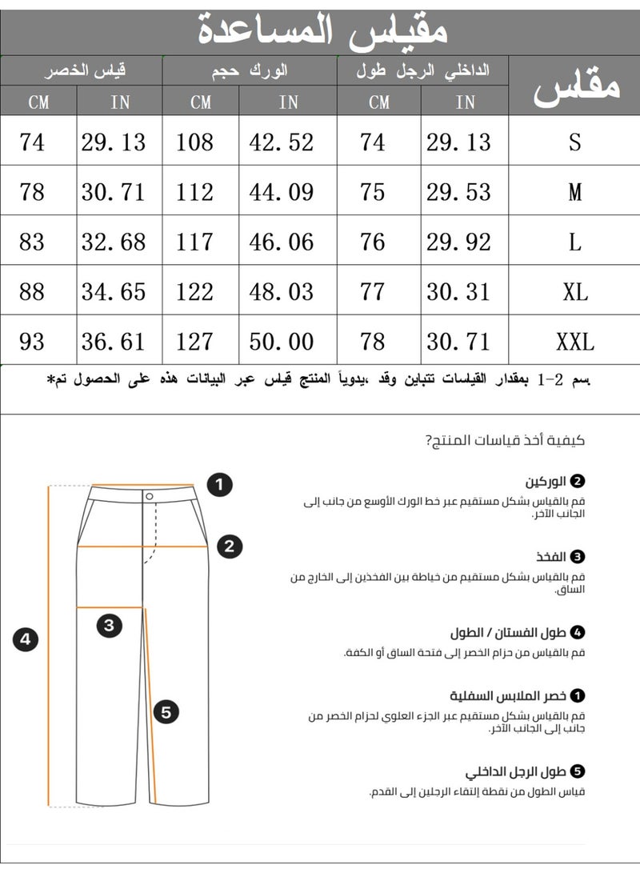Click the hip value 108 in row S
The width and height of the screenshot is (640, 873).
pyautogui.click(x=195, y=142)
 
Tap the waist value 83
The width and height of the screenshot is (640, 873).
pyautogui.click(x=32, y=242)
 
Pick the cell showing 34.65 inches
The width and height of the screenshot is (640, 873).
pyautogui.click(x=114, y=291)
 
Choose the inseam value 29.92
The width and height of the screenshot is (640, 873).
pyautogui.click(x=458, y=242)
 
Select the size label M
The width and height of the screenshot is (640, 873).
pyautogui.click(x=574, y=193)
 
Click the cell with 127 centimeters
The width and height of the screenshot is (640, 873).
pyautogui.click(x=195, y=342)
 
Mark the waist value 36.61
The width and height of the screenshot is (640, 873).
pyautogui.click(x=114, y=342)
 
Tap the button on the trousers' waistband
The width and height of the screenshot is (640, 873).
pyautogui.click(x=150, y=496)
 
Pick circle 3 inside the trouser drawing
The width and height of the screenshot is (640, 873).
pyautogui.click(x=110, y=625)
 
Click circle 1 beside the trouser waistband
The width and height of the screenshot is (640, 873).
pyautogui.click(x=219, y=484)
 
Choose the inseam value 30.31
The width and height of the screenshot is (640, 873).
pyautogui.click(x=458, y=291)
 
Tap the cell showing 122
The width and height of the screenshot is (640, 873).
pyautogui.click(x=195, y=291)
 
